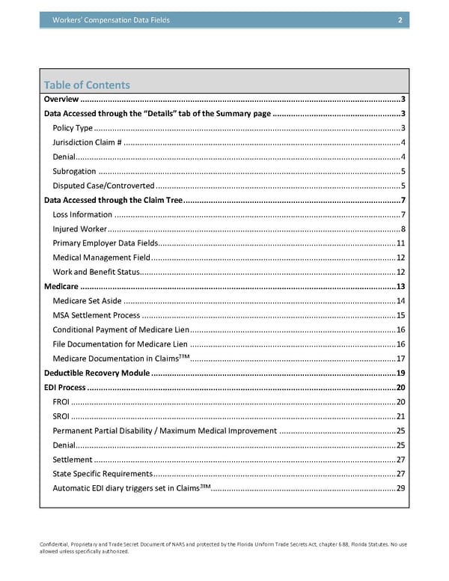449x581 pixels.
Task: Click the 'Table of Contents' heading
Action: coord(87,85)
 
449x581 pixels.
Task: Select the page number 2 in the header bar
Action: coord(401,20)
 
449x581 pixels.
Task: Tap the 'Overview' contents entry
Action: coord(61,100)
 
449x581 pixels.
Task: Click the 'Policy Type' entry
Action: coord(73,128)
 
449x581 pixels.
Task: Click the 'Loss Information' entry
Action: coord(82,215)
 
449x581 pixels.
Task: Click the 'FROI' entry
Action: coord(61,402)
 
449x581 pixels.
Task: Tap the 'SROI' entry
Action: coord(61,416)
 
